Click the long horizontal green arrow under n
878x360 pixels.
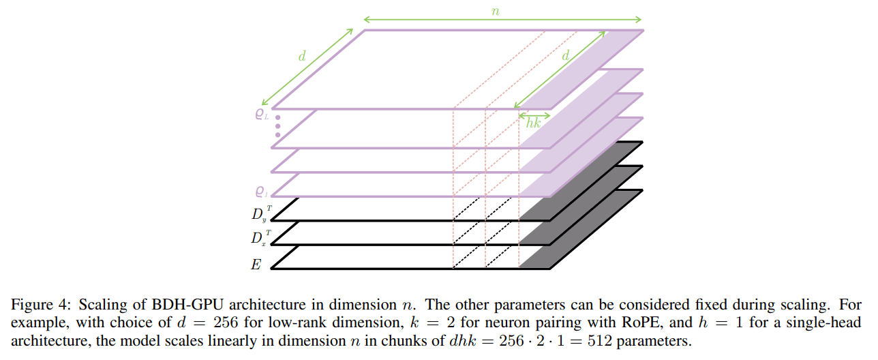pos(503,20)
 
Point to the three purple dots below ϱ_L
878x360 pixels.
pos(277,126)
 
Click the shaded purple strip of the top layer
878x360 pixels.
pos(579,68)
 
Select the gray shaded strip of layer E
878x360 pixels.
pos(579,230)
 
